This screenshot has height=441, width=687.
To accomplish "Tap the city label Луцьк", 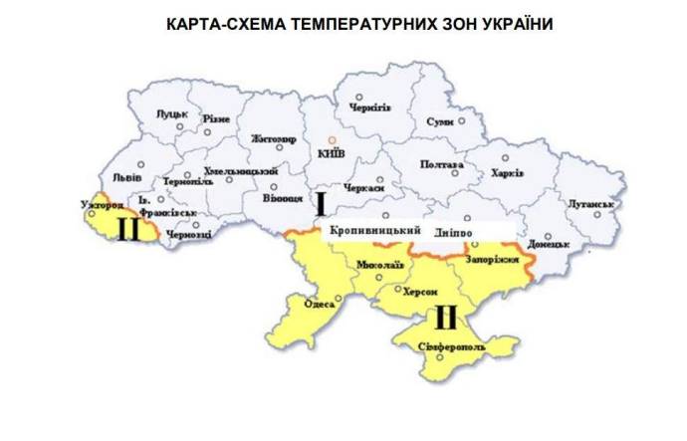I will pyautogui.click(x=174, y=114).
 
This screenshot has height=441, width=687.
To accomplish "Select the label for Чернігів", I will pyautogui.click(x=370, y=108).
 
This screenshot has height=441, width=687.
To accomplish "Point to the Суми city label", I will pyautogui.click(x=439, y=121).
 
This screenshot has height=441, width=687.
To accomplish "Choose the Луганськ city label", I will pyautogui.click(x=587, y=204).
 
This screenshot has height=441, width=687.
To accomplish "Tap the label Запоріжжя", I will pyautogui.click(x=495, y=259).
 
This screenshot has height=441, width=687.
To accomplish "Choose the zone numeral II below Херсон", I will pyautogui.click(x=444, y=318).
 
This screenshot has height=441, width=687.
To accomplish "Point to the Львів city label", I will pyautogui.click(x=126, y=177).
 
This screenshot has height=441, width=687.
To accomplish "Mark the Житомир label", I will pyautogui.click(x=274, y=138).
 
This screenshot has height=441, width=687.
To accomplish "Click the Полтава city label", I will pyautogui.click(x=442, y=164).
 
